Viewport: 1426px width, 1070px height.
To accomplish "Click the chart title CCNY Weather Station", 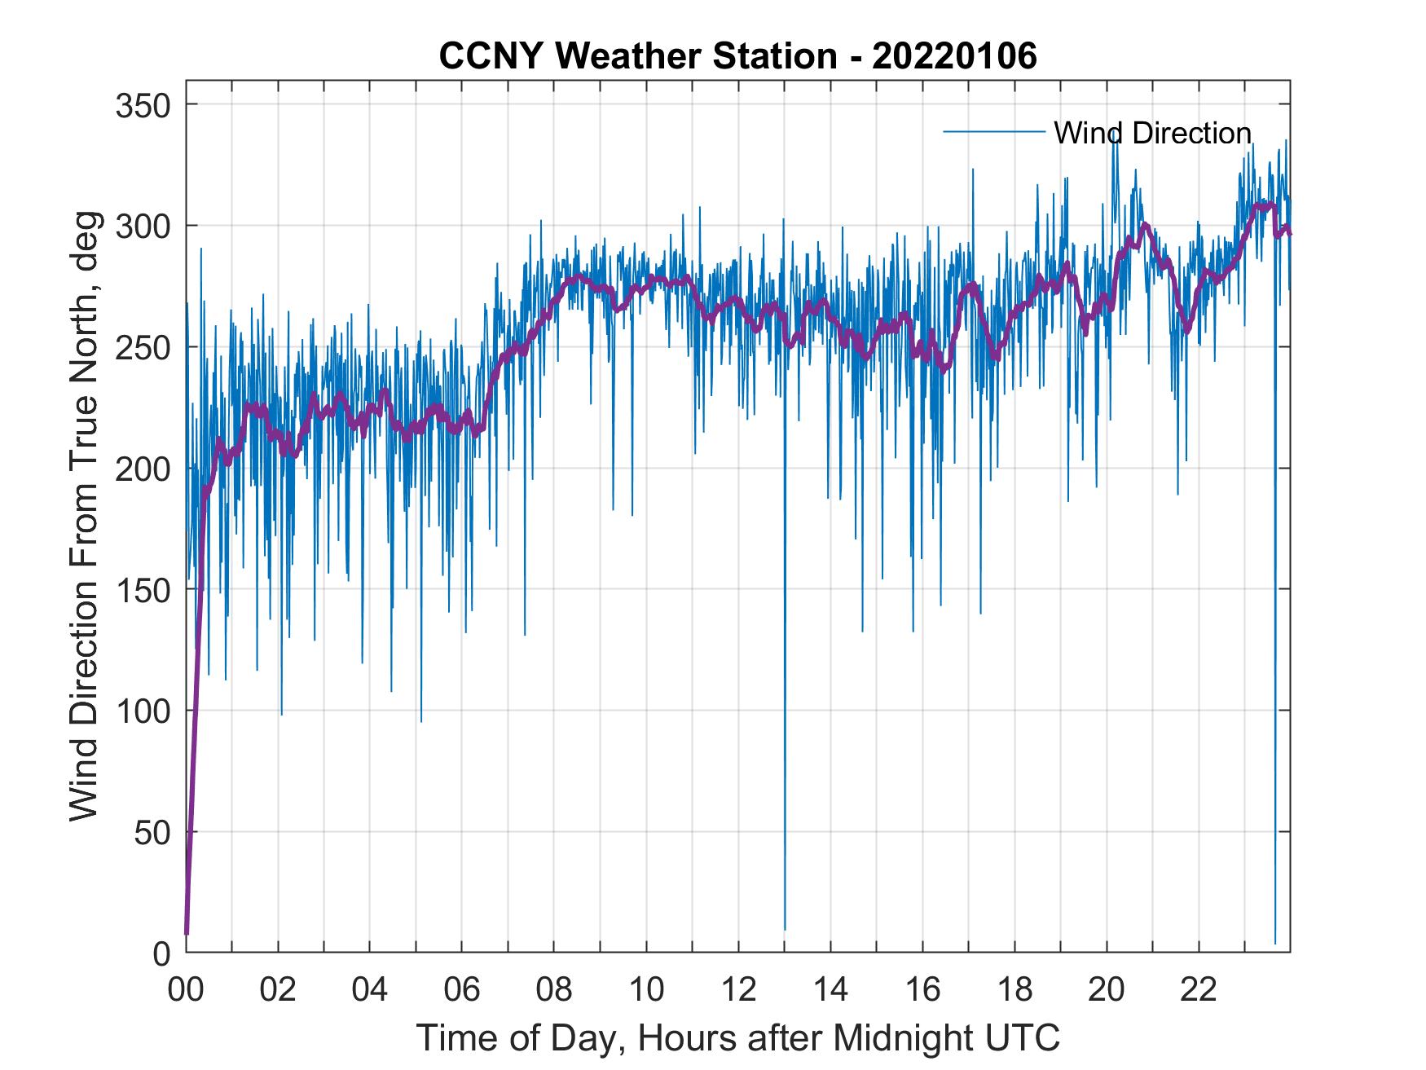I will click(x=637, y=56).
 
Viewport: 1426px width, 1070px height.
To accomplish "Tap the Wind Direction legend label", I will click(x=1152, y=133).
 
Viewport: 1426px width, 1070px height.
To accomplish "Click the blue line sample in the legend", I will click(x=993, y=131).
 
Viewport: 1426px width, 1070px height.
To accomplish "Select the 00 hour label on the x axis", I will click(x=186, y=990).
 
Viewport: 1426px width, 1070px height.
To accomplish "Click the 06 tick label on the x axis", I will click(x=462, y=990).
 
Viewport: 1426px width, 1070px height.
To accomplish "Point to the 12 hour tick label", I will click(x=738, y=990).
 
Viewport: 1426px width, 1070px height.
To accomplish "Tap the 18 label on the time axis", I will click(x=1014, y=990).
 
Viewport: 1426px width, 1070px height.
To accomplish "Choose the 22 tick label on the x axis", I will click(x=1199, y=990).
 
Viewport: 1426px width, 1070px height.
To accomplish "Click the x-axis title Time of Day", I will click(x=737, y=1037).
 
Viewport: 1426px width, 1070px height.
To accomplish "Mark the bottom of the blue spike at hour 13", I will click(x=785, y=929).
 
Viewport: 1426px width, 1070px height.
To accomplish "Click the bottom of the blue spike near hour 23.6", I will click(x=1275, y=943).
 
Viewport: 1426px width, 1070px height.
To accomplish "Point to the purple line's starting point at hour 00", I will click(x=187, y=933).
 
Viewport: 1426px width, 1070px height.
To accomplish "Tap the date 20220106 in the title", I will click(x=954, y=56).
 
